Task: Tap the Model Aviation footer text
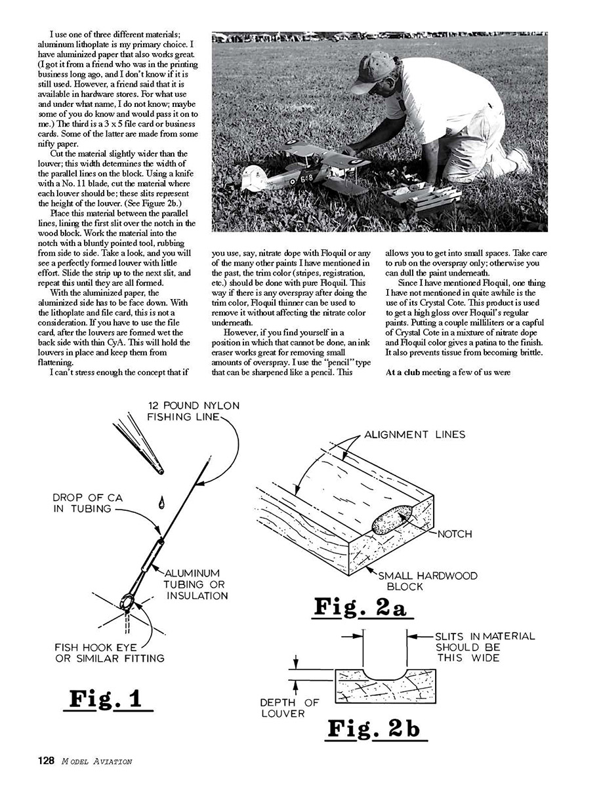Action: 97,761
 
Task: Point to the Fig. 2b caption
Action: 373,729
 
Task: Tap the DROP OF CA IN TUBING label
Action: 87,503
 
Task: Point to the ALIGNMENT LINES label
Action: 415,435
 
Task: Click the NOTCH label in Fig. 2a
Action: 455,534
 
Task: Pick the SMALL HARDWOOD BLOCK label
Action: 427,580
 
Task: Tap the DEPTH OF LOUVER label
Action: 289,707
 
